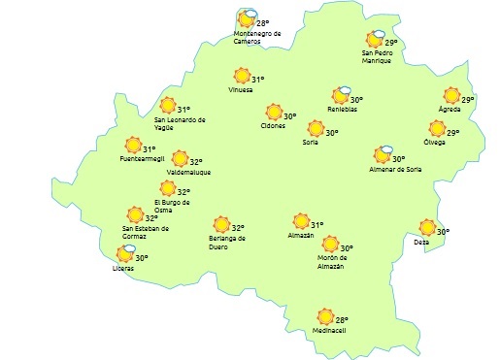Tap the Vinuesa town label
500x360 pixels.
point(240,90)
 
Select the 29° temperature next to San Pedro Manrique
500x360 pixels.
point(391,43)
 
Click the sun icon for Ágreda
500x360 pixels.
point(451,95)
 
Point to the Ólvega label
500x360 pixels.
point(434,143)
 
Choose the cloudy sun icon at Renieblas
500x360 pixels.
point(340,95)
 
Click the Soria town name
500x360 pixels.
point(311,143)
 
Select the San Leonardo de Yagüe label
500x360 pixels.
point(181,123)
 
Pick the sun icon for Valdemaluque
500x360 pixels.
point(180,158)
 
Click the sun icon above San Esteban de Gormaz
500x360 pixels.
point(136,215)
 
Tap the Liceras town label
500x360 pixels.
point(123,268)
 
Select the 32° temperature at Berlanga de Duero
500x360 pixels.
point(237,228)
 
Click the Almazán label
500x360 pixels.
point(301,236)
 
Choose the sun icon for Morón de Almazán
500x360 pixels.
point(330,245)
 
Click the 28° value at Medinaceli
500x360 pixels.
point(342,318)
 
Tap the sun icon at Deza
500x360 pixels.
point(426,228)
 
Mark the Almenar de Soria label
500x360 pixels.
point(394,169)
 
